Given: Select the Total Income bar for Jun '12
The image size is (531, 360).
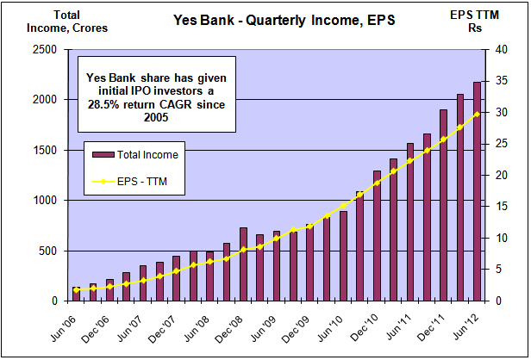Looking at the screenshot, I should tap(477, 191).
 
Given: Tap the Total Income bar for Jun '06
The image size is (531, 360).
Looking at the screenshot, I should tap(77, 294).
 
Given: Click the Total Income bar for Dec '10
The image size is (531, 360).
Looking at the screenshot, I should tap(377, 236).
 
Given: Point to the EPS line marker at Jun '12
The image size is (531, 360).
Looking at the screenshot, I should tap(477, 115).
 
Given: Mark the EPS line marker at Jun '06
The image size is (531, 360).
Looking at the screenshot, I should tap(77, 290).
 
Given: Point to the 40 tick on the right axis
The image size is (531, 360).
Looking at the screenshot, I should tap(490, 50).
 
